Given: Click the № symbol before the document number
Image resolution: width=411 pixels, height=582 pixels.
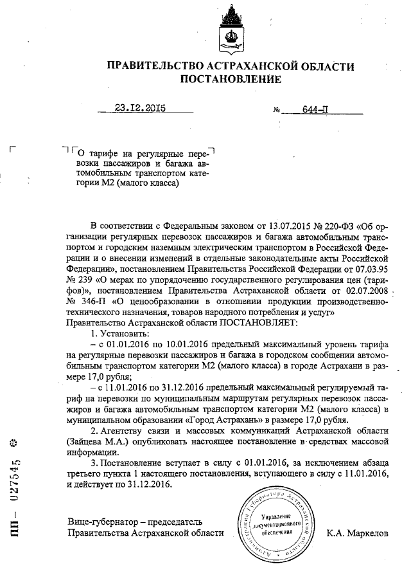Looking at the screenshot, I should pyautogui.click(x=277, y=110).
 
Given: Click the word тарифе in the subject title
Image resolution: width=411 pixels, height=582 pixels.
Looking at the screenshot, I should pyautogui.click(x=104, y=154).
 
